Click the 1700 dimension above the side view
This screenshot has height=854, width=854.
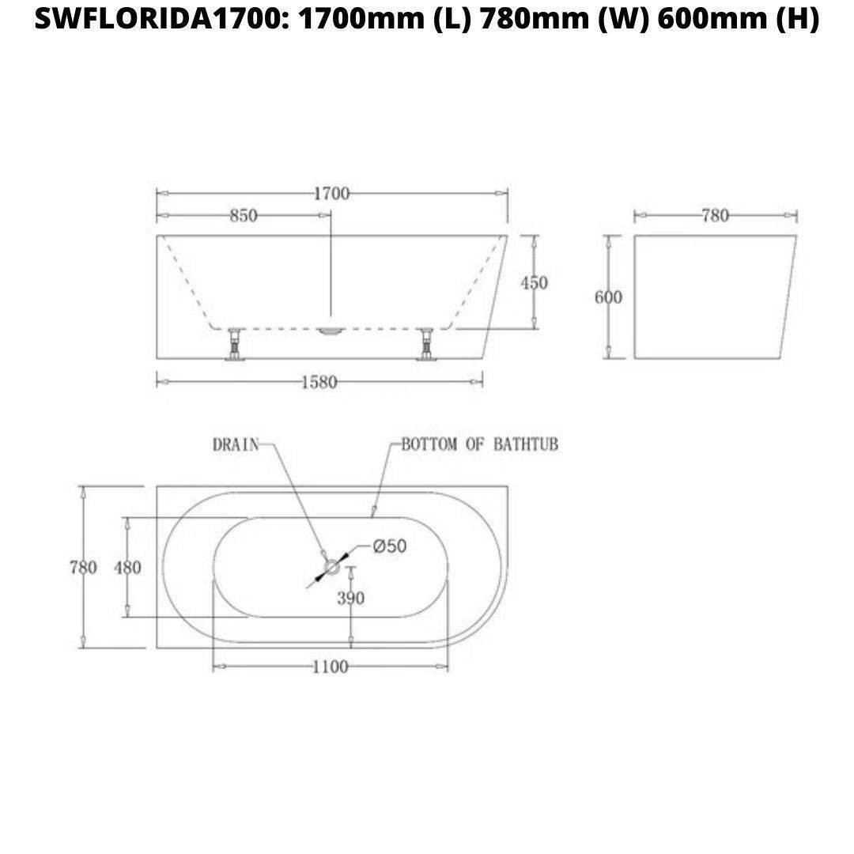[x=331, y=194]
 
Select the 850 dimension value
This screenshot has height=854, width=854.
[x=244, y=216]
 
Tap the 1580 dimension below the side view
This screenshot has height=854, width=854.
[x=319, y=383]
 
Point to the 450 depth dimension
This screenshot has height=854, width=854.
[x=535, y=282]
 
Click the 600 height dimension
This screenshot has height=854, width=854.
[x=608, y=297]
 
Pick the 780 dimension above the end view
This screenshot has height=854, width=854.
[x=715, y=216]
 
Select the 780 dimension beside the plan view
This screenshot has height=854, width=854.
[x=83, y=568]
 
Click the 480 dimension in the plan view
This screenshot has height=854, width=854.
[x=127, y=568]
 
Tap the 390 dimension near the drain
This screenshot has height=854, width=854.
[x=351, y=598]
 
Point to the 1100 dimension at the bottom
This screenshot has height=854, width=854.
[x=330, y=667]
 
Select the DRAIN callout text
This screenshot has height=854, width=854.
[x=236, y=444]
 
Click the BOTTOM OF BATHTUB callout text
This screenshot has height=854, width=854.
[x=479, y=444]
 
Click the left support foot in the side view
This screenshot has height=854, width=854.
[x=234, y=346]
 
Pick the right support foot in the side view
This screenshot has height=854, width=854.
[x=427, y=346]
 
